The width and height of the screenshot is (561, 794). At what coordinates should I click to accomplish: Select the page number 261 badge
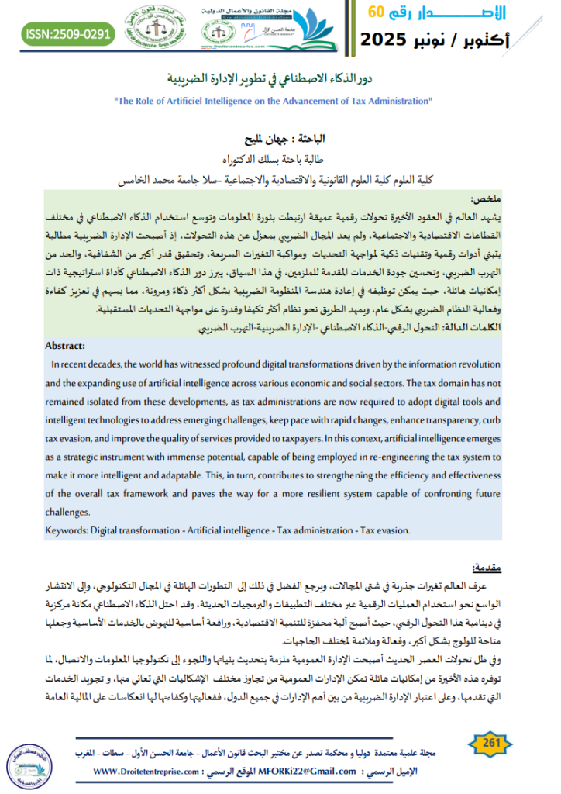coord(490,744)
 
